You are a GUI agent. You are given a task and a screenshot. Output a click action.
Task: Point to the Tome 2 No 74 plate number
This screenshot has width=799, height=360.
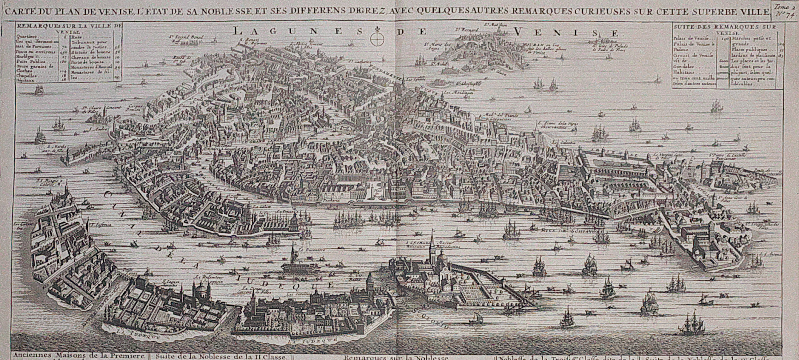tap(785, 10)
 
